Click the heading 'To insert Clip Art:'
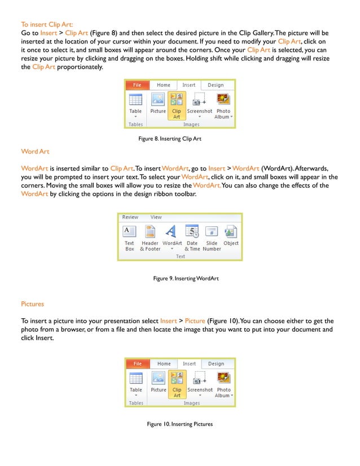pyautogui.click(x=46, y=24)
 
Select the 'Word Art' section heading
pyautogui.click(x=36, y=151)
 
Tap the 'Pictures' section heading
pyautogui.click(x=32, y=304)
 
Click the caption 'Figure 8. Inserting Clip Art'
pyautogui.click(x=170, y=138)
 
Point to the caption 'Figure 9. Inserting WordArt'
pyautogui.click(x=186, y=278)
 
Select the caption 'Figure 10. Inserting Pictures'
pyautogui.click(x=180, y=424)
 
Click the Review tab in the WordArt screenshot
pyautogui.click(x=130, y=217)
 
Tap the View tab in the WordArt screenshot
pyautogui.click(x=156, y=217)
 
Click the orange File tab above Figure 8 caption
pyautogui.click(x=137, y=85)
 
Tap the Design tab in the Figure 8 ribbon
pyautogui.click(x=216, y=85)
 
